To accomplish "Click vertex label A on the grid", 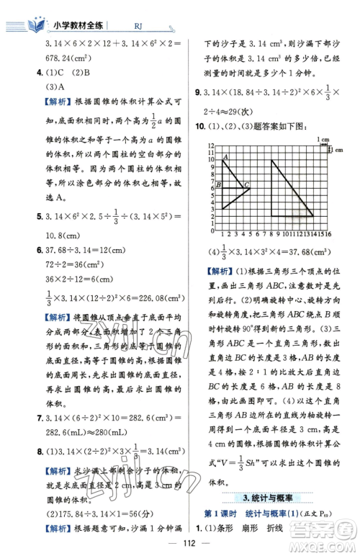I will tap(226, 157).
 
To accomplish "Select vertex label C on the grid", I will tap(246, 187).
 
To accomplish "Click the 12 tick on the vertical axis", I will tap(211, 147).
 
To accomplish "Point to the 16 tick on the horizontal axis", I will tap(328, 234).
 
